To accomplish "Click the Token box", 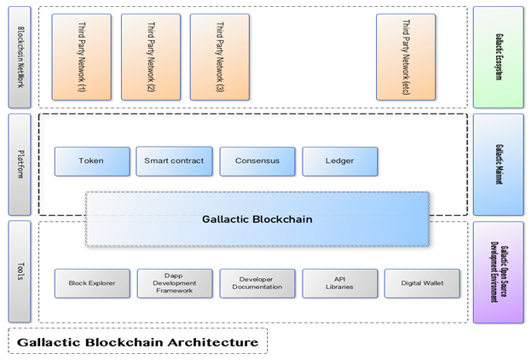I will (x=91, y=160).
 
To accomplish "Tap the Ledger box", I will (x=339, y=160).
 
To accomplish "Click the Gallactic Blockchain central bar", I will (x=257, y=219).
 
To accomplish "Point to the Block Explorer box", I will (x=92, y=283).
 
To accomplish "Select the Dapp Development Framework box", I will (x=174, y=283).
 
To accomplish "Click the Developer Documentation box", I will (x=257, y=283).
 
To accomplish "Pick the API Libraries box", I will (x=339, y=283).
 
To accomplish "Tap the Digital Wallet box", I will (x=421, y=283).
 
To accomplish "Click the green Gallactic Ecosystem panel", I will (x=498, y=55).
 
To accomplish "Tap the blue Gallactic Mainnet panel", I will (x=498, y=164).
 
